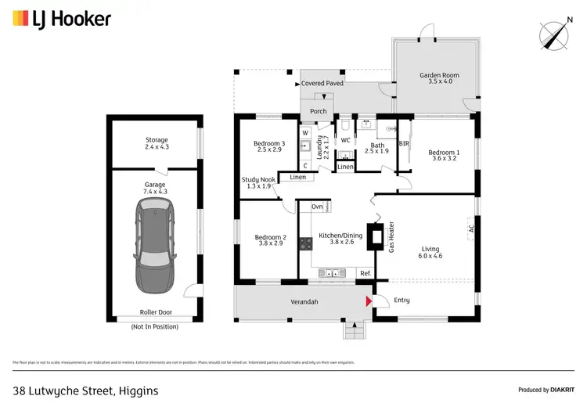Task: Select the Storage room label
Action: click(157, 143)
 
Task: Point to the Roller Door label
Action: click(155, 311)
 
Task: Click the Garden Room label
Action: click(439, 78)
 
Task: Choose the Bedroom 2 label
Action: click(270, 240)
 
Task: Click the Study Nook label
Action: click(257, 182)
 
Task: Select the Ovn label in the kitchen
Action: click(317, 207)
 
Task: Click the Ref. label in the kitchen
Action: click(365, 272)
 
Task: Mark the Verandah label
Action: click(303, 301)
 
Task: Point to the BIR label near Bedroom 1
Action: click(404, 144)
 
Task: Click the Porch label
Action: click(319, 111)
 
